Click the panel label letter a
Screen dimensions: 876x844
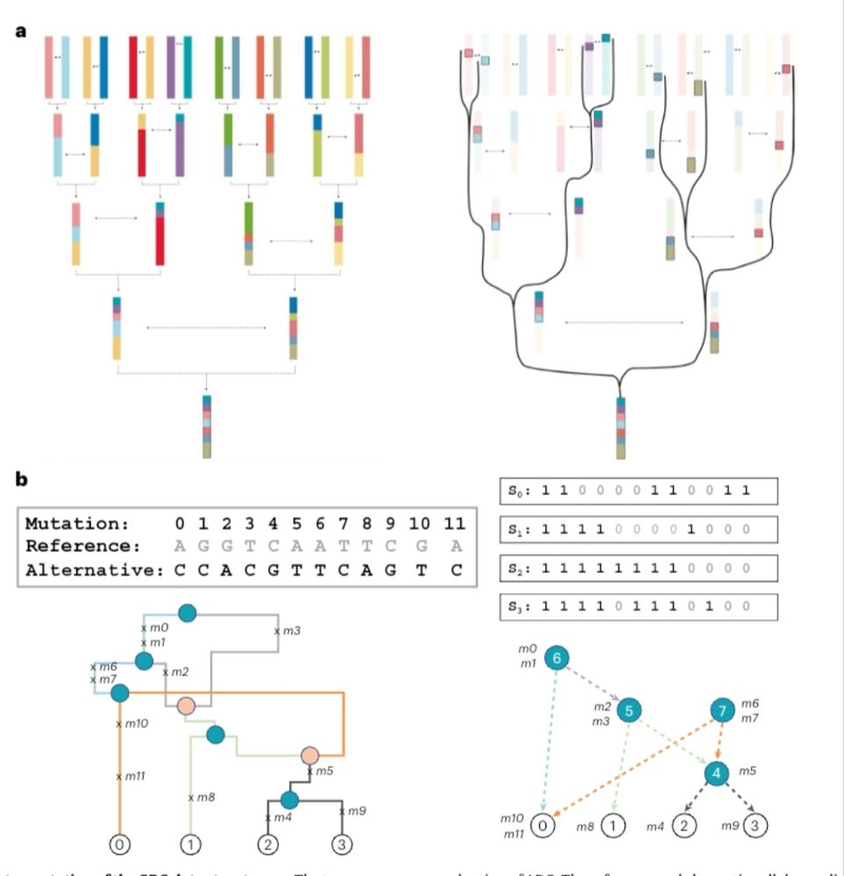click(x=20, y=31)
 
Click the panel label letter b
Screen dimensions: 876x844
click(x=21, y=480)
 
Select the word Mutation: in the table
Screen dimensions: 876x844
click(x=76, y=525)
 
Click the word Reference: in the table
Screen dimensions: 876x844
click(x=82, y=546)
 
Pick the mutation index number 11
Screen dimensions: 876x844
click(x=454, y=525)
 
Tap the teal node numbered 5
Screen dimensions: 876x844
click(x=628, y=710)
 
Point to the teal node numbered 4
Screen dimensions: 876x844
click(x=716, y=774)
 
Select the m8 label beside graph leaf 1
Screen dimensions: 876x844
click(x=586, y=825)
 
